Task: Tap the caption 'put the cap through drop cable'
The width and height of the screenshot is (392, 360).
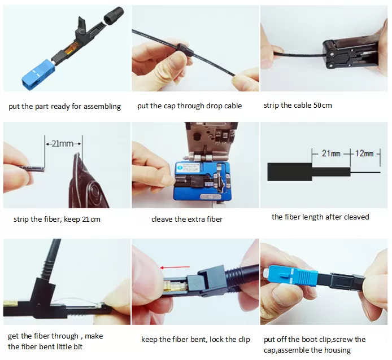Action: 189,106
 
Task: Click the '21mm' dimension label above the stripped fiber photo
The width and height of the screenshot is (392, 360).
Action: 63,144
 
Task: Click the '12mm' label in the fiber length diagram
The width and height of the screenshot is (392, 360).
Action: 364,153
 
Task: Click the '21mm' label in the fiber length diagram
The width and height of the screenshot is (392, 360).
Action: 330,153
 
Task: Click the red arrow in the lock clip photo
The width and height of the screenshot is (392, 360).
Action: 169,268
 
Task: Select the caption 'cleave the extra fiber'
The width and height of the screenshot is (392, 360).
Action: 187,219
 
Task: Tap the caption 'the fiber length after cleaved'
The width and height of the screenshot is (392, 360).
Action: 320,217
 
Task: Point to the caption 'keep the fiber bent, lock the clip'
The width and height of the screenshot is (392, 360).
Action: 196,339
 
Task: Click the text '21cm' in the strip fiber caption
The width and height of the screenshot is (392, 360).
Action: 91,219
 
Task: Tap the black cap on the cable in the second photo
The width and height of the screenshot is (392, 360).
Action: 187,54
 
